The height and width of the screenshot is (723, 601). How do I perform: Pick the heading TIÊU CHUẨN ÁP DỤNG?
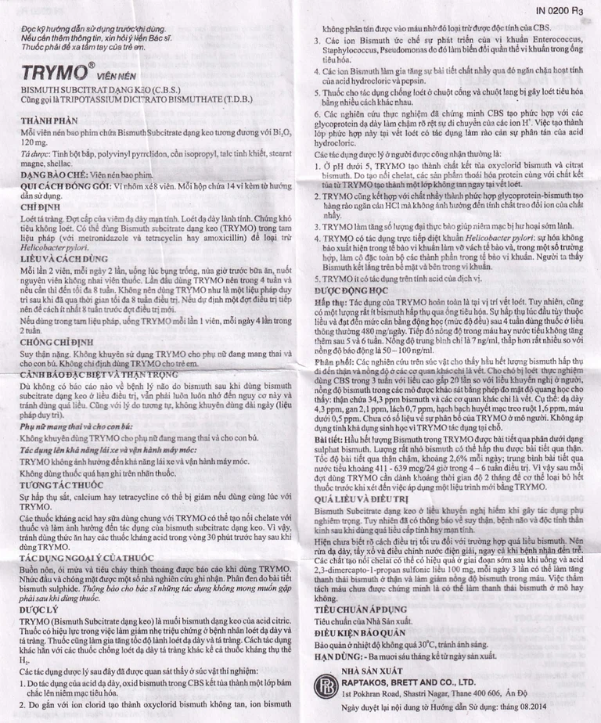[361, 609]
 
